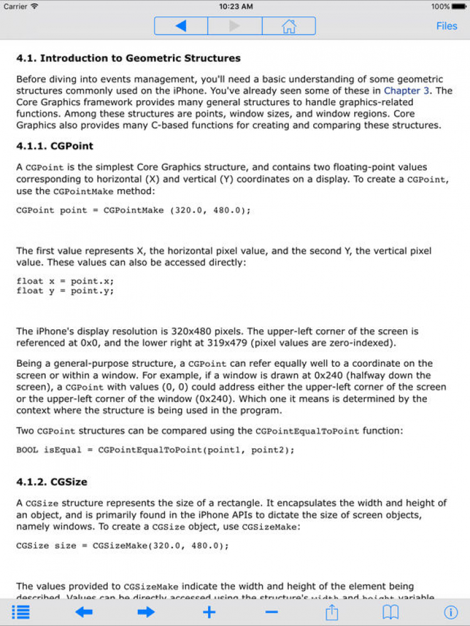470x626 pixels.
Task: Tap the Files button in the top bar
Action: click(x=447, y=26)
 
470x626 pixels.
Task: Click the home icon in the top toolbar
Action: click(x=289, y=26)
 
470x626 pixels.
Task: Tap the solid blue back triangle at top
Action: click(x=180, y=26)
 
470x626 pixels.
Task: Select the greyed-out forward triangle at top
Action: click(x=235, y=26)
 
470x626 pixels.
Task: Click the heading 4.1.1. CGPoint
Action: click(x=55, y=146)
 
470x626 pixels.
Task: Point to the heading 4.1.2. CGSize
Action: click(x=51, y=482)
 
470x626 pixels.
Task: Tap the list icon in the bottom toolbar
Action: click(x=21, y=612)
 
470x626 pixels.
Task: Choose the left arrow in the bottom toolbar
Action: click(x=83, y=612)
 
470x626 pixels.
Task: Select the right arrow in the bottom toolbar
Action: click(x=146, y=612)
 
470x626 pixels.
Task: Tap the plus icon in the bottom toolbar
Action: click(x=209, y=612)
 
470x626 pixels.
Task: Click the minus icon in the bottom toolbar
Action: click(x=271, y=612)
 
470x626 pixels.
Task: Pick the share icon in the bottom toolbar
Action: click(x=332, y=612)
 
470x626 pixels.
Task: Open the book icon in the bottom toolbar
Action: click(x=391, y=612)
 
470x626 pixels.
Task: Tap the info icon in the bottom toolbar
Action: click(x=450, y=612)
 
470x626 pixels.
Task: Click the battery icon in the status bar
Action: click(x=459, y=6)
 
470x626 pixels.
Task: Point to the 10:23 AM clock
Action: click(x=236, y=6)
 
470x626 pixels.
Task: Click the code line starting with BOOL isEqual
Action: click(x=155, y=450)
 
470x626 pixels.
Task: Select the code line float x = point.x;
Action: click(x=65, y=281)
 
